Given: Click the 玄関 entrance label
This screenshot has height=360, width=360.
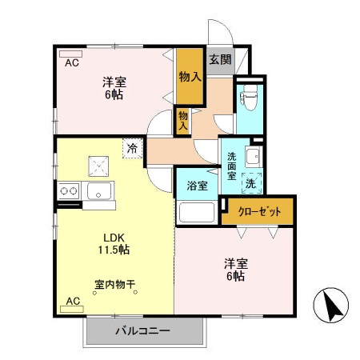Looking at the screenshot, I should coord(220,59).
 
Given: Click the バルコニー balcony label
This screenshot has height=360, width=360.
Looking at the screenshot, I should coord(142,330).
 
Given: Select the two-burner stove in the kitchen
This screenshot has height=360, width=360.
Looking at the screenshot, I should coord(67,191).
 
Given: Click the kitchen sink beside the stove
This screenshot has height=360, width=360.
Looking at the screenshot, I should coord(99,191).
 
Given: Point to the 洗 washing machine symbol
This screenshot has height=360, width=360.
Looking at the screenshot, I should coord(250,182).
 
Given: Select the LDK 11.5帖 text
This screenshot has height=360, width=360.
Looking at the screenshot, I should coord(113,242).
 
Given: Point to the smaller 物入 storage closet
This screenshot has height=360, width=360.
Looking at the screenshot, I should coord(183,121).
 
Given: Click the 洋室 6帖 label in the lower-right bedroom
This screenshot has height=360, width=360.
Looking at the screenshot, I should coord(234,270).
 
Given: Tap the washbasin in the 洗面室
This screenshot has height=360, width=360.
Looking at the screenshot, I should coord(252,156).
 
